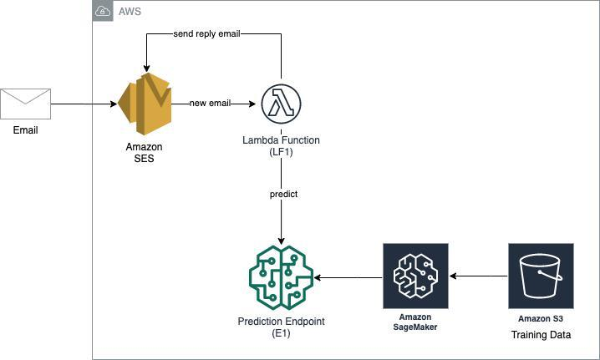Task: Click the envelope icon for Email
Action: tap(25, 104)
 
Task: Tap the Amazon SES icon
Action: tap(144, 104)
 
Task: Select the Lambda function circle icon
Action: tap(281, 104)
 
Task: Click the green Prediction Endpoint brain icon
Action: tap(281, 276)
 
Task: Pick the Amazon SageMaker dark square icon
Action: tap(415, 276)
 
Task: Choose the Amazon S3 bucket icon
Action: tap(541, 276)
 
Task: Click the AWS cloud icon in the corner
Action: tap(102, 11)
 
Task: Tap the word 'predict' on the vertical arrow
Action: tap(283, 194)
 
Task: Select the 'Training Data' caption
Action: tap(541, 335)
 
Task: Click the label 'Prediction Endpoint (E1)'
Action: tap(281, 327)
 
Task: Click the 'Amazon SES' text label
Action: tap(144, 153)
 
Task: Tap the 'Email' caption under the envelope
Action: tap(25, 130)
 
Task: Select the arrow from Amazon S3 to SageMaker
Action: tap(478, 276)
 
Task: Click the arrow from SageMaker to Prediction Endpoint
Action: tap(348, 276)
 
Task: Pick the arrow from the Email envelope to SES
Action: tap(84, 104)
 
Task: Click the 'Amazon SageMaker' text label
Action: tap(415, 322)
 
